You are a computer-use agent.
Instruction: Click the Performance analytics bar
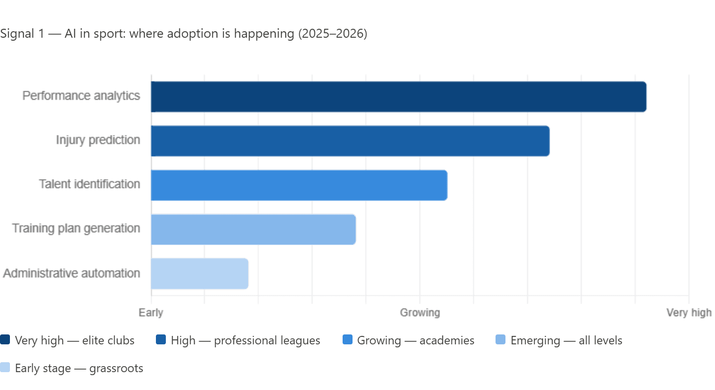coord(398,97)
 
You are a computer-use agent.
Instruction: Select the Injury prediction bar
coord(350,141)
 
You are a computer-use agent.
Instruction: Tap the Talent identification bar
coord(299,185)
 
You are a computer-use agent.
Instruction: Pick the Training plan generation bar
coord(253,229)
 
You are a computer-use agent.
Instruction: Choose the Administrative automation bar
coord(199,273)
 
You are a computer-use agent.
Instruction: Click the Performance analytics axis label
coord(82,96)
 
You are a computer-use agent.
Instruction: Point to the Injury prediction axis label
coord(98,140)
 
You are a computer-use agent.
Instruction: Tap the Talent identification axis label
coord(90,184)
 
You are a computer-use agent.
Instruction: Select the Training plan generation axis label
coord(76,229)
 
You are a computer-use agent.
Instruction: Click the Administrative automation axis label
coord(72,273)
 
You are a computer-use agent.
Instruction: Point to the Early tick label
coord(150,313)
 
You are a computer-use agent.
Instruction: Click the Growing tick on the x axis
coord(420,313)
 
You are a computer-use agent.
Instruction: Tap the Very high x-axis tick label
coord(689,313)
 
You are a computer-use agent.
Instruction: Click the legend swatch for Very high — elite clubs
coord(5,340)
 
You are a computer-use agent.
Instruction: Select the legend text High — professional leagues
coord(245,341)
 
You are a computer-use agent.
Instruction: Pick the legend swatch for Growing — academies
coord(348,340)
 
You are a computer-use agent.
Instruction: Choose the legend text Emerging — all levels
coord(566,341)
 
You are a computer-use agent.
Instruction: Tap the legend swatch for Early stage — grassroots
coord(5,368)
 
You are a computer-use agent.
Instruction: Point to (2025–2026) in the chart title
coord(332,34)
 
